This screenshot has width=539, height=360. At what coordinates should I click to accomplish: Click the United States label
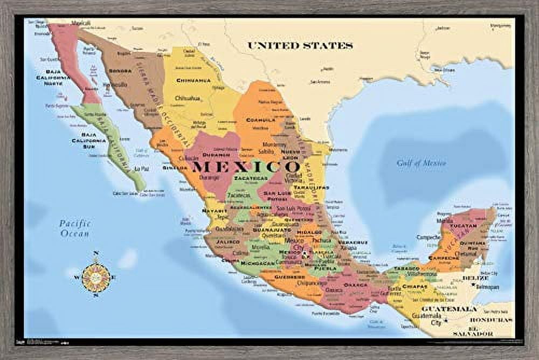click(300, 46)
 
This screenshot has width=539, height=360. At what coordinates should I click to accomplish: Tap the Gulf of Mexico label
click(421, 163)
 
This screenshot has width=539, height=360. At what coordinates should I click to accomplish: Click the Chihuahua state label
click(192, 80)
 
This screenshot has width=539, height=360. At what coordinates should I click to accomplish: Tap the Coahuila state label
click(261, 120)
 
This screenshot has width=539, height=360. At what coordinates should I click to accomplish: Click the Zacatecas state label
click(250, 177)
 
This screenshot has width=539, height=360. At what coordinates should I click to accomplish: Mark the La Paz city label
click(141, 168)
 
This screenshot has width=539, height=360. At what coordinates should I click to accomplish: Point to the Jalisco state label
click(228, 242)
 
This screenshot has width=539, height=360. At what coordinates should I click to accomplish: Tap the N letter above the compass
click(96, 253)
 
